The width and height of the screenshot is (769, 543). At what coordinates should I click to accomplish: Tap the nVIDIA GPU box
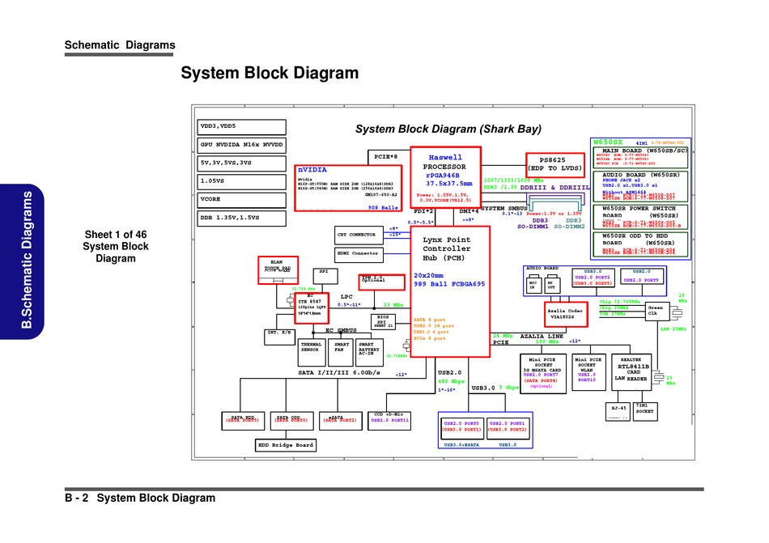tap(349, 188)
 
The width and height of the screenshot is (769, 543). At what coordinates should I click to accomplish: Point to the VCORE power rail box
tap(242, 199)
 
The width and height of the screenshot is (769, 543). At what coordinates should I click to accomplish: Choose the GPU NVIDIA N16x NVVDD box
tap(242, 146)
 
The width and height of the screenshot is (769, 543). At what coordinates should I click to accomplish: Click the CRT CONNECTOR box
tap(357, 235)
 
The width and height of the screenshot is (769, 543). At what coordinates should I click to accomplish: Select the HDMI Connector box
tap(357, 253)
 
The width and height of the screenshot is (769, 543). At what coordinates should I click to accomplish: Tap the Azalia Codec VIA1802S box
tap(565, 314)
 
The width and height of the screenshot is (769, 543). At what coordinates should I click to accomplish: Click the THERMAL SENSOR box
tap(311, 347)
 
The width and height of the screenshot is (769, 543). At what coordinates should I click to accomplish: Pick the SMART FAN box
tap(342, 347)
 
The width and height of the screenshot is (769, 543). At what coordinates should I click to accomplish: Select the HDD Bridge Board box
tap(286, 445)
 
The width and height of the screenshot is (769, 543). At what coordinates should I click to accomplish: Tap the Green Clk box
tap(656, 311)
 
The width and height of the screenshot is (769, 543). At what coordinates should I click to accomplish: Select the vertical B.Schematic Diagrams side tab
tap(28, 259)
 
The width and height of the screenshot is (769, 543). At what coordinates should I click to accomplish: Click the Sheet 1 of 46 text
tap(116, 235)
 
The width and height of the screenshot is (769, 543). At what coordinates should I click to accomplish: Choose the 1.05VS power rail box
tap(242, 181)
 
